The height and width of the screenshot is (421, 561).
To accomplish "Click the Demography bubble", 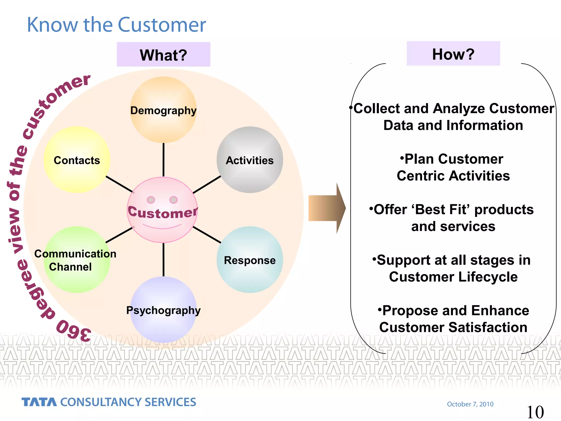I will [x=163, y=110].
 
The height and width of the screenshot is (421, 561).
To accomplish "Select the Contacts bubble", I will [x=77, y=160].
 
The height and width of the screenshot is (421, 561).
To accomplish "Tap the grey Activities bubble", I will [x=250, y=160].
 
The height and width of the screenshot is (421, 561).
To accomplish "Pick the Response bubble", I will [x=250, y=260].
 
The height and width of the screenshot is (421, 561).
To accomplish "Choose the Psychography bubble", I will [x=163, y=310].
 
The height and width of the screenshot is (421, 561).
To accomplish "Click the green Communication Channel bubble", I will [x=77, y=260].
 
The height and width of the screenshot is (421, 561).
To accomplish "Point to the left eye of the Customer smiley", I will [x=151, y=200].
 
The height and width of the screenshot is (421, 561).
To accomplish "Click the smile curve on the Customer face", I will [x=162, y=227].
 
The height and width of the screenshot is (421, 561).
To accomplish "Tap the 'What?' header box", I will [x=163, y=55].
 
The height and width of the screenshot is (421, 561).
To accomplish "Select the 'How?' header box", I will [x=453, y=54].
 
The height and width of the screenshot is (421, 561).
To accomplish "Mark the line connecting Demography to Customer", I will [x=164, y=160].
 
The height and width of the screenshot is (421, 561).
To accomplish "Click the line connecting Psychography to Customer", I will [x=164, y=259].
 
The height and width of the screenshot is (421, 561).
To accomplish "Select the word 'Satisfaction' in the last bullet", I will [x=488, y=327].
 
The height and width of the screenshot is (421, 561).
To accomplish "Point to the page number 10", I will [x=535, y=412].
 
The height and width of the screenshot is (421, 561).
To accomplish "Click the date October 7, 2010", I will [x=470, y=404].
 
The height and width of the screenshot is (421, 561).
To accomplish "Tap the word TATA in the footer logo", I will [x=39, y=402].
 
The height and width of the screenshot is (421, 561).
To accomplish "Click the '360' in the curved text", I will [x=73, y=331].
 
